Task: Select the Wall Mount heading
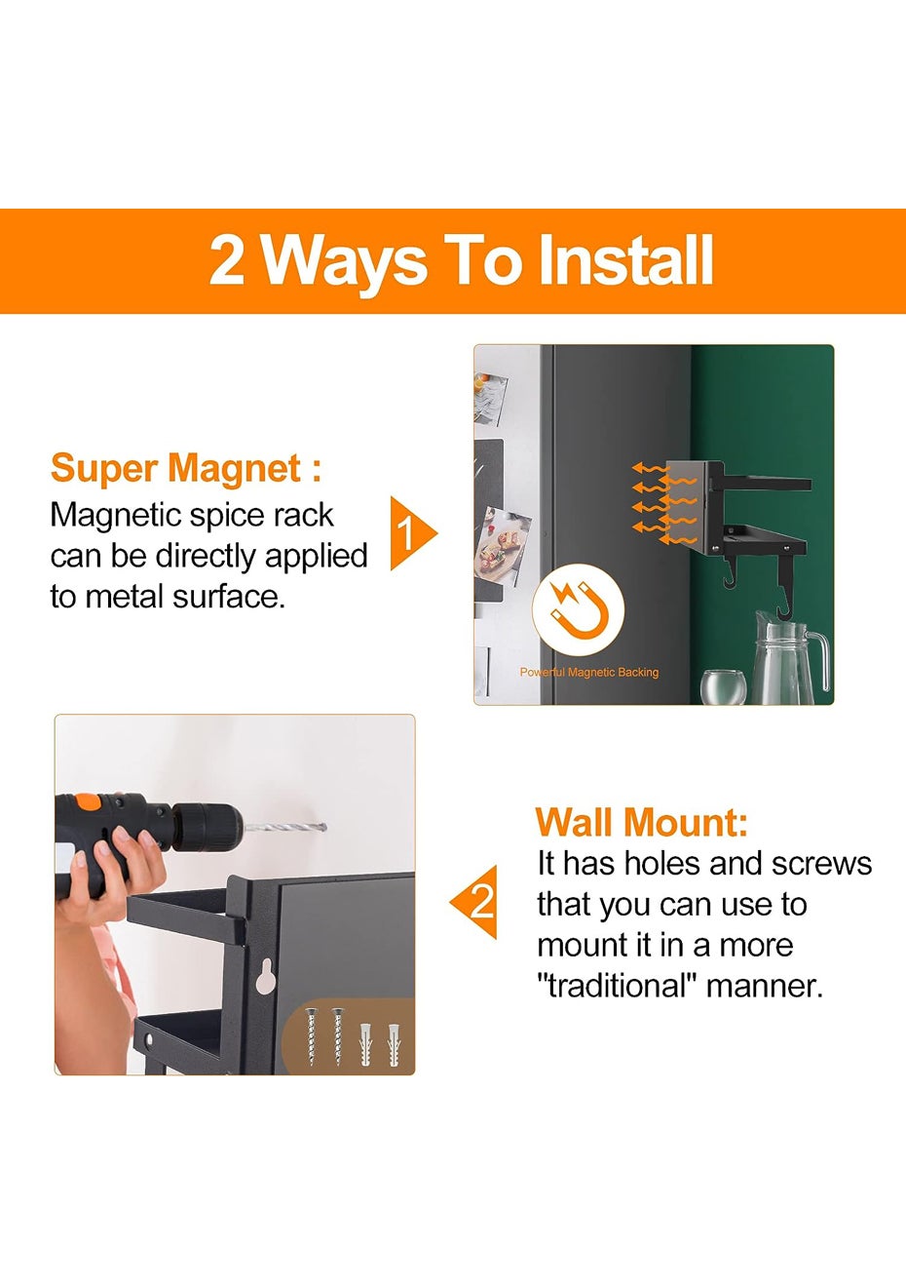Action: point(641,822)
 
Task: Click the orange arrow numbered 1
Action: point(413,533)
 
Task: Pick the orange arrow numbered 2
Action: point(474,902)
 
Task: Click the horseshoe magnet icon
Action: point(578,610)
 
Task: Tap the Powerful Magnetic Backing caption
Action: point(589,672)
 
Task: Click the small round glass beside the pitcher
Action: point(723,687)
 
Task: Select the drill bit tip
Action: point(324,828)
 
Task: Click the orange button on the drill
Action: point(88,802)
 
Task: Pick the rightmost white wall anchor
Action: point(394,1044)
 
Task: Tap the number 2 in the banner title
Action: point(227,260)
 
